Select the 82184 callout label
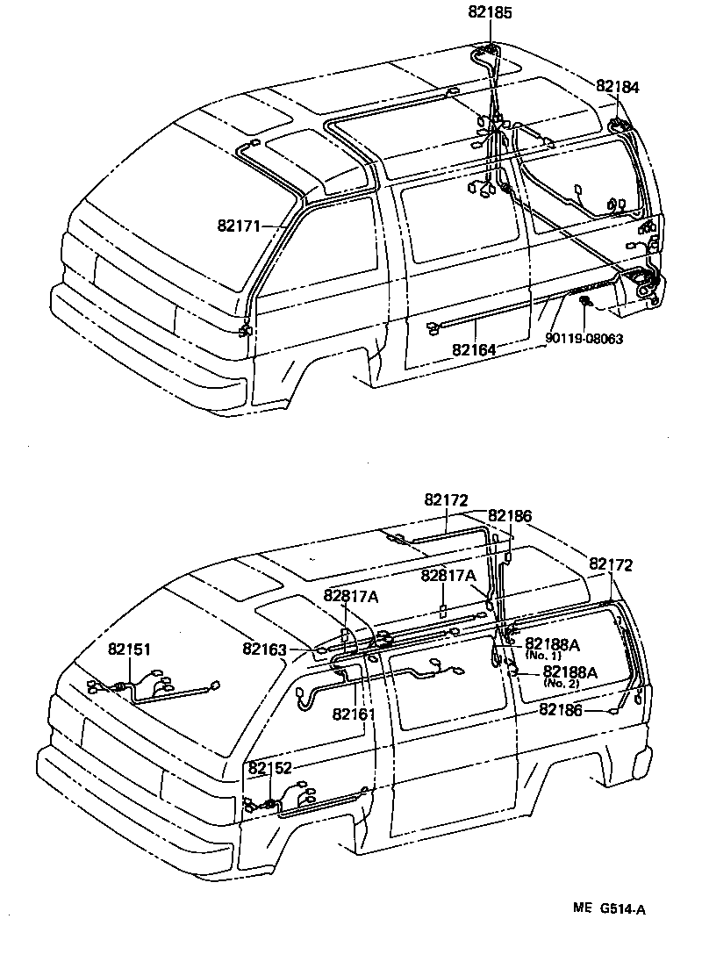click(x=618, y=87)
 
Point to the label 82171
click(x=240, y=226)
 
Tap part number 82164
click(x=474, y=349)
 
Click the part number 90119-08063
click(x=584, y=338)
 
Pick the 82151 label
click(x=130, y=649)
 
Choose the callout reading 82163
click(x=264, y=649)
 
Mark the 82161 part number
click(x=354, y=714)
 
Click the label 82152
click(x=269, y=768)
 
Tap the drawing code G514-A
click(x=624, y=909)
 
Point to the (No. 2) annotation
click(x=562, y=683)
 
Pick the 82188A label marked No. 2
click(x=570, y=672)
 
